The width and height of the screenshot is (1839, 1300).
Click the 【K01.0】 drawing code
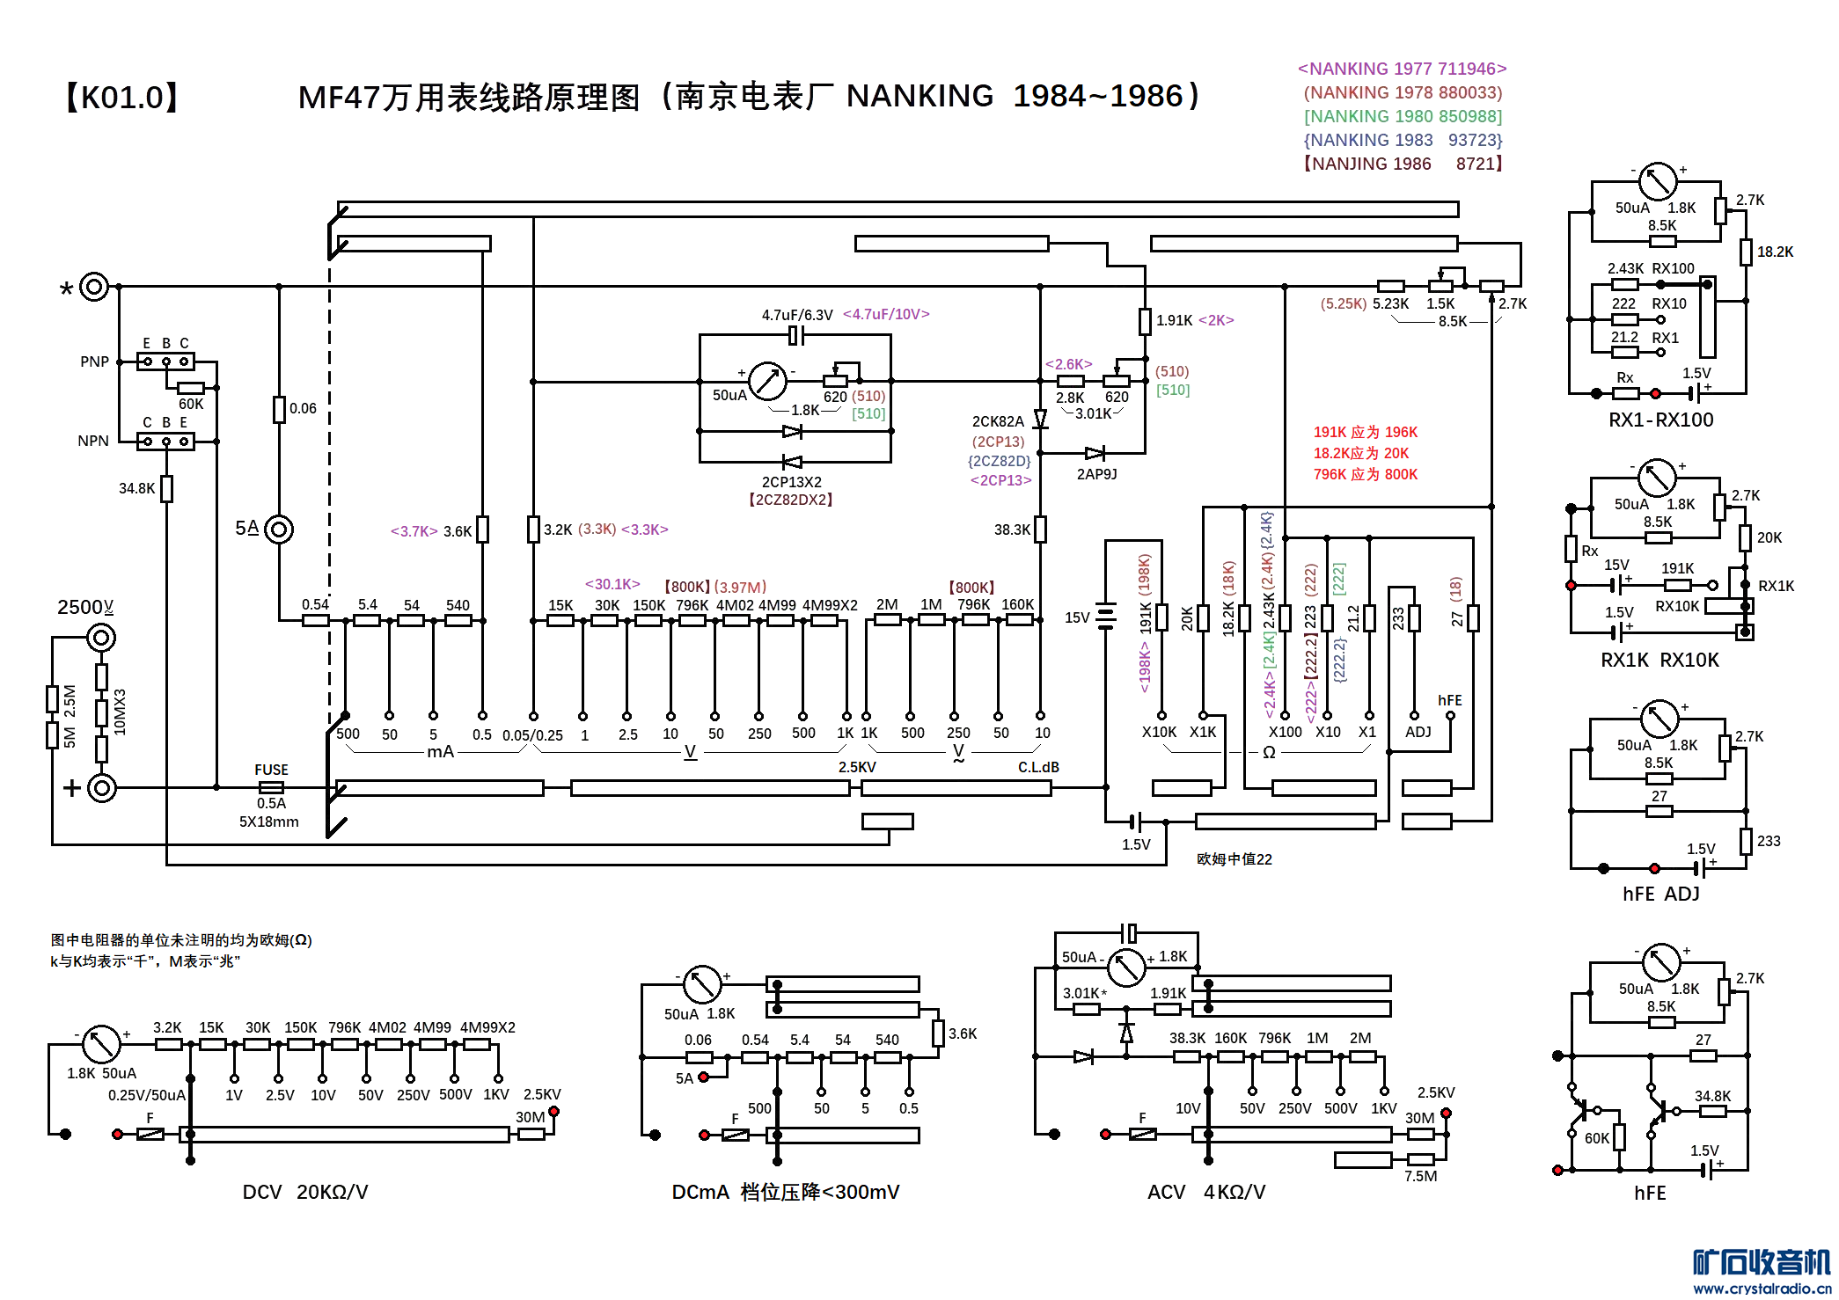click(x=122, y=97)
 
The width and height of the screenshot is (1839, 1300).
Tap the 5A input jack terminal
click(x=279, y=529)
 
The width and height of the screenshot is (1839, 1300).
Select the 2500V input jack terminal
click(x=101, y=637)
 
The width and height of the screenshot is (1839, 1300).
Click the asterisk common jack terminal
click(x=94, y=287)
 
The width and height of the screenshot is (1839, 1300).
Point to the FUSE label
click(x=271, y=770)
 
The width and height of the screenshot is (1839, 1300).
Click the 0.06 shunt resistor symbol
click(x=279, y=409)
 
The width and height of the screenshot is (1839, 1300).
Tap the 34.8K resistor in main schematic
click(x=166, y=489)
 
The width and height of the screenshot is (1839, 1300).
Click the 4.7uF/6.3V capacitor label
click(x=796, y=315)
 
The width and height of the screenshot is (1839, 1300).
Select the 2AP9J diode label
click(x=1096, y=474)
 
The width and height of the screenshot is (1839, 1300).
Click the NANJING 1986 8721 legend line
click(x=1403, y=164)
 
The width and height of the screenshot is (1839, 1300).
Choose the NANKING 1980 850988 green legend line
click(x=1403, y=116)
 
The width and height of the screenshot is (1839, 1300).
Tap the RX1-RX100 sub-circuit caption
click(x=1660, y=420)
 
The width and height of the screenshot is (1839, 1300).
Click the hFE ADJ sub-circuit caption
click(x=1660, y=894)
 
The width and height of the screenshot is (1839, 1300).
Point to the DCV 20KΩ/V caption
click(x=305, y=1192)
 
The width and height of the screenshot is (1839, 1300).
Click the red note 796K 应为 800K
click(x=1365, y=475)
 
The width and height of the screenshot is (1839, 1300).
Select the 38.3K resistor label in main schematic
click(x=1012, y=529)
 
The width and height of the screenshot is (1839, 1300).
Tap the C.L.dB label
click(x=1038, y=767)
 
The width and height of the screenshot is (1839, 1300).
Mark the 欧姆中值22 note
click(x=1234, y=859)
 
